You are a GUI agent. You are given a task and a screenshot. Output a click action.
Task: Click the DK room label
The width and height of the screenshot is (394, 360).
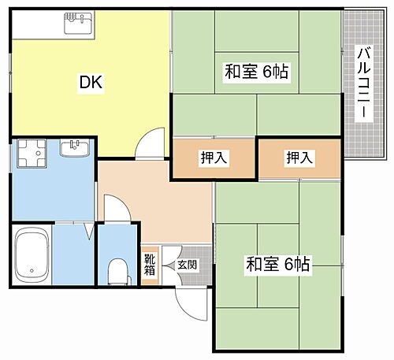pos(91,81)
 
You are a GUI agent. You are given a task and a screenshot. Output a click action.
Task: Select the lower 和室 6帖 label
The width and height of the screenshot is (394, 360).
pos(278,265)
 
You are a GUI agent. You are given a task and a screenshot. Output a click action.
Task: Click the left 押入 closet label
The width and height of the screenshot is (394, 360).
pos(214,158)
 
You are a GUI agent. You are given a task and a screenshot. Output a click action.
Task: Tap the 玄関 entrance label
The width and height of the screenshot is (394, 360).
pos(188,265)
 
